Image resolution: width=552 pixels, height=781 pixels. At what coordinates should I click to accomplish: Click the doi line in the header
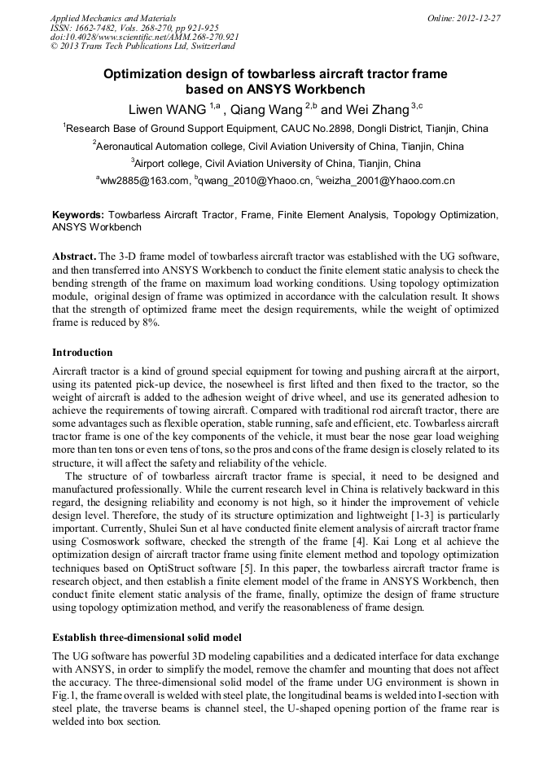[x=144, y=37]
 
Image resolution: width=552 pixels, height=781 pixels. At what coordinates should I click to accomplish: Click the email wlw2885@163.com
[x=144, y=181]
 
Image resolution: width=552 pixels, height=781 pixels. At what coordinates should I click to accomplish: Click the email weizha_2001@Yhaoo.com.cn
[x=387, y=181]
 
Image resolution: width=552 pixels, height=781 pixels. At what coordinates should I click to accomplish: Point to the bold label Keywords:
[x=78, y=215]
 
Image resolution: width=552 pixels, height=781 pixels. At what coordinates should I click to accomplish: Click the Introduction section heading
[x=82, y=353]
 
